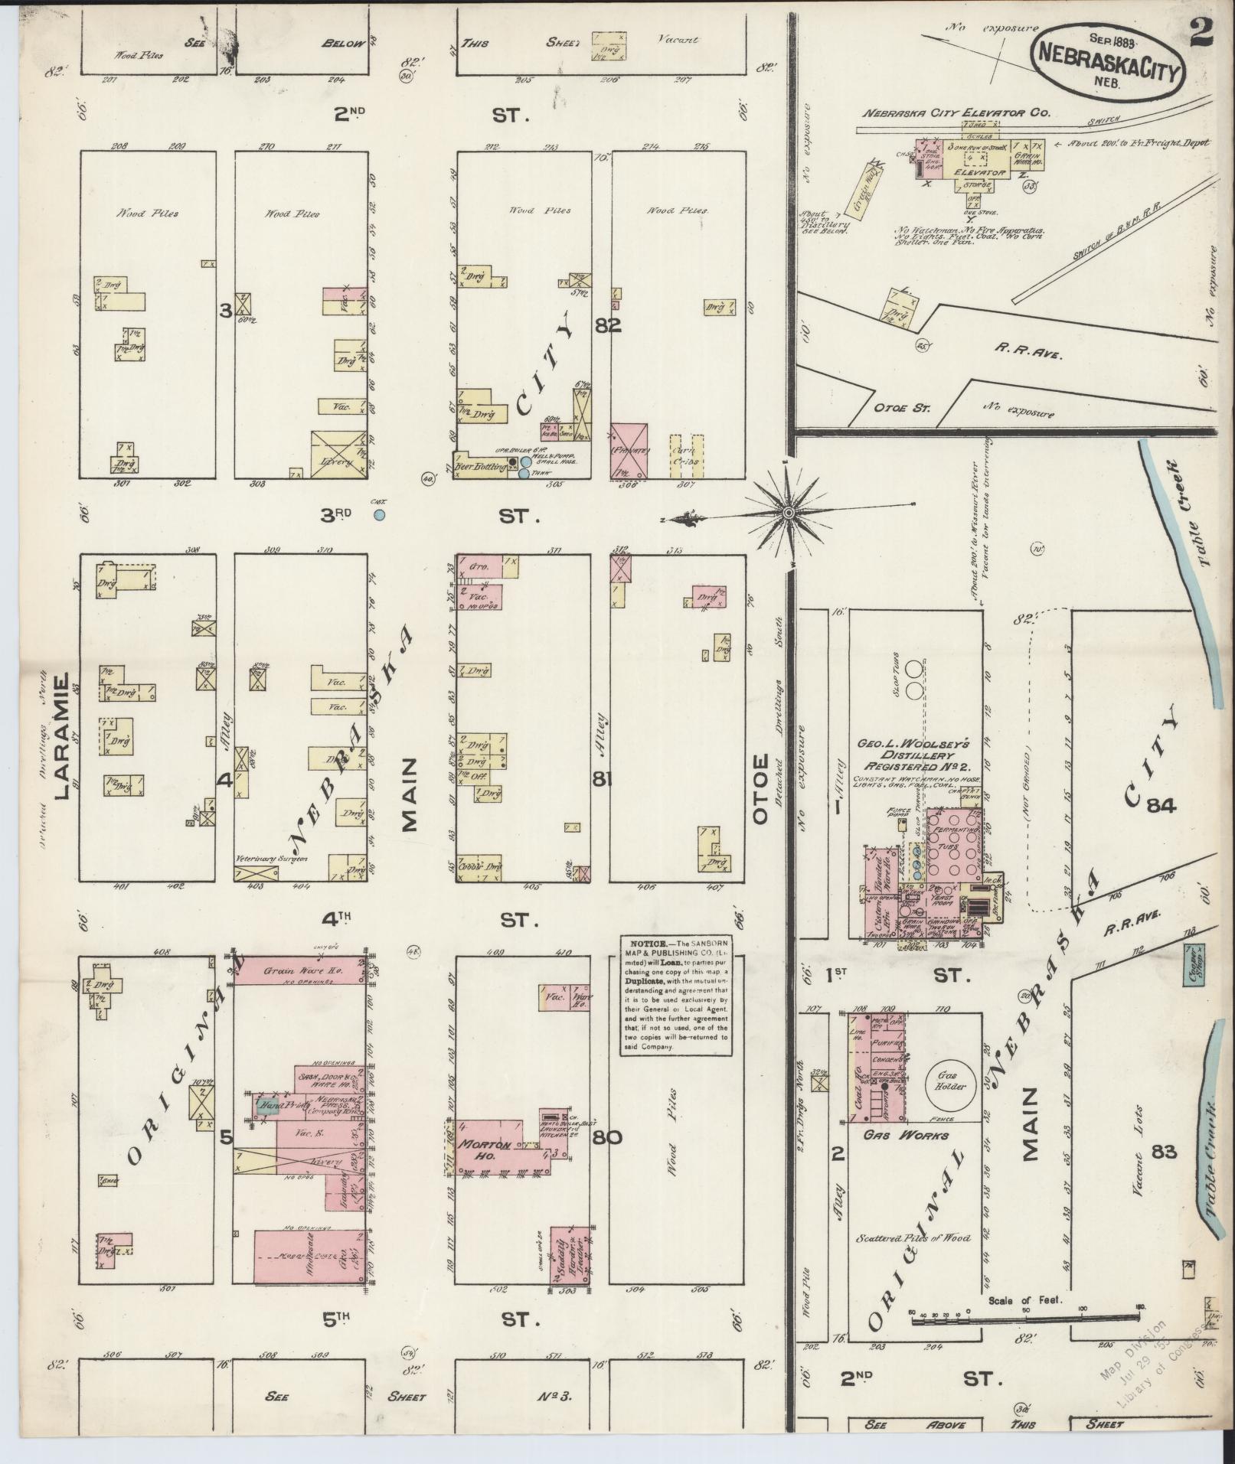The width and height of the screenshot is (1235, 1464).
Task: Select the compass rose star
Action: tap(788, 513)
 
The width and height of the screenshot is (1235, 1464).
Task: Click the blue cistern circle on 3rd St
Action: tap(378, 515)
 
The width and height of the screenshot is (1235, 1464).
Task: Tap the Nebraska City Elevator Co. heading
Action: tap(956, 112)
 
